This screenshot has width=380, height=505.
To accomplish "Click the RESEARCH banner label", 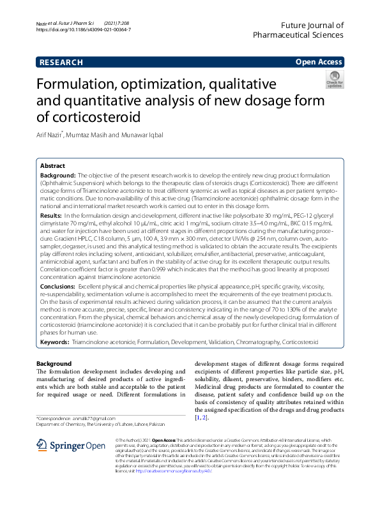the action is pyautogui.click(x=61, y=63).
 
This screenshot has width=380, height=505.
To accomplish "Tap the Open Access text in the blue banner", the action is pyautogui.click(x=319, y=63).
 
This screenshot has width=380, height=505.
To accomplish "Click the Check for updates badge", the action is pyautogui.click(x=335, y=80).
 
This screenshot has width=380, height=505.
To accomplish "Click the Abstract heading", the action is pyautogui.click(x=53, y=165).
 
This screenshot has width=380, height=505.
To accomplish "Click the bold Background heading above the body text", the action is pyautogui.click(x=54, y=364).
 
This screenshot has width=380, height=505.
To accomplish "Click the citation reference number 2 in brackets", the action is pyautogui.click(x=204, y=417).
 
